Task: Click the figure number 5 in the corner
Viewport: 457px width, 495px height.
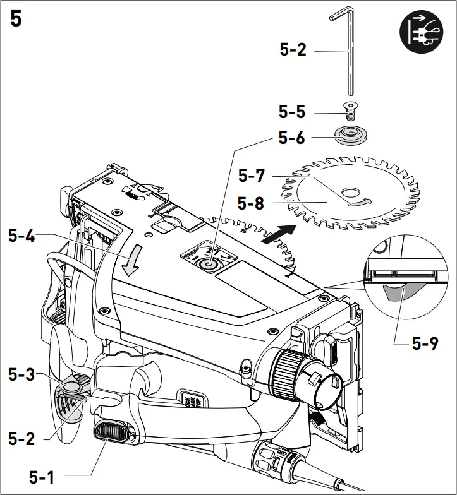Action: point(16,19)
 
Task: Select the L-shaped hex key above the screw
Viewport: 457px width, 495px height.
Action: point(347,51)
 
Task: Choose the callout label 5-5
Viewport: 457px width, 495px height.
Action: point(292,112)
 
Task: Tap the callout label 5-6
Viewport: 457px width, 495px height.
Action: point(292,138)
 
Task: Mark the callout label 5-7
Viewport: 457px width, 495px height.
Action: point(252,176)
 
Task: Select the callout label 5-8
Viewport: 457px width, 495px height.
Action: point(252,203)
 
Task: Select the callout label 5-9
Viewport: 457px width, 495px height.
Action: point(425,343)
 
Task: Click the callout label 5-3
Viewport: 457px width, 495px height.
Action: point(22,374)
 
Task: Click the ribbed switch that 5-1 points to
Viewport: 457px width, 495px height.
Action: point(114,432)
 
